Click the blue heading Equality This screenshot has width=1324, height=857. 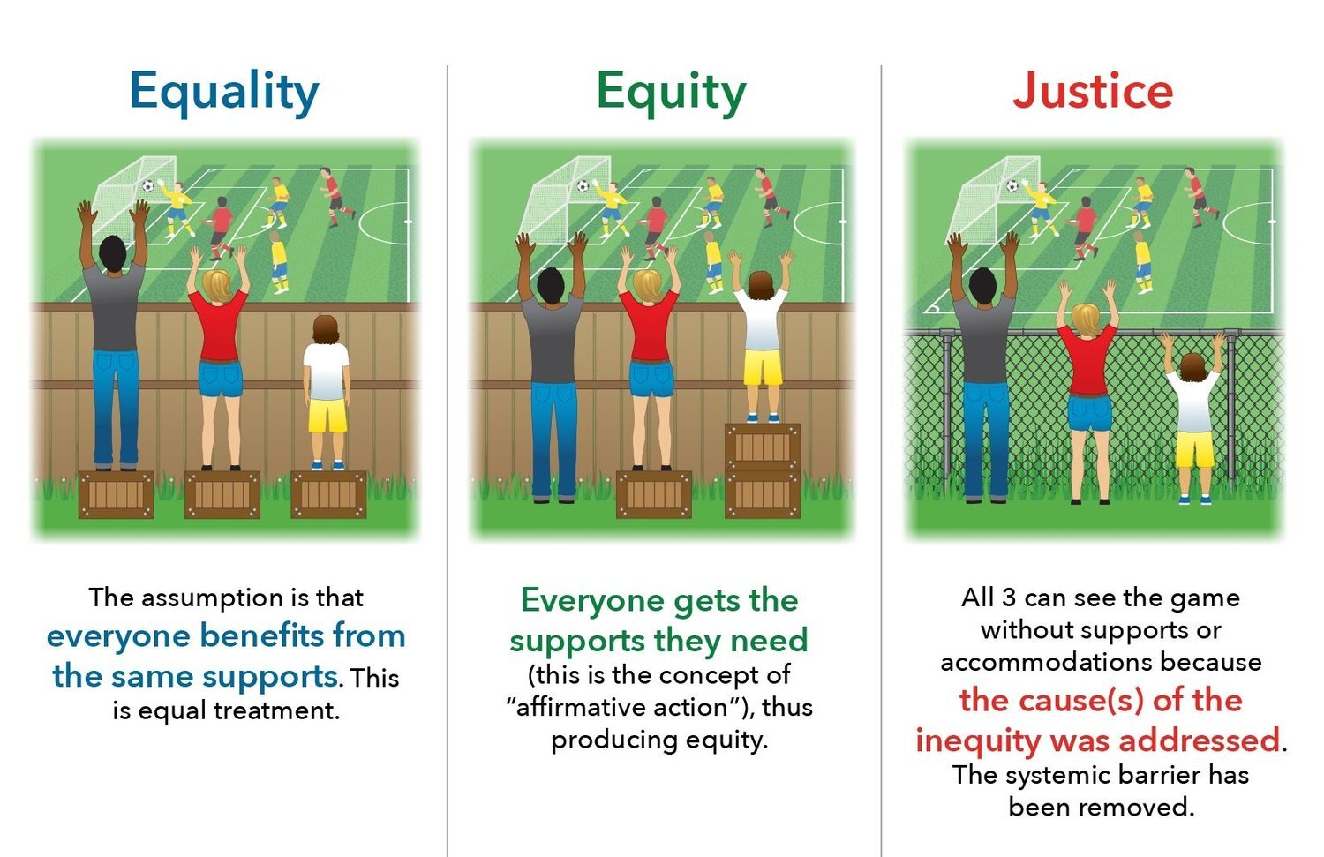224,92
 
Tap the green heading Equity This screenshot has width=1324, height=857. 671,92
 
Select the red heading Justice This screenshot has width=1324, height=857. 1093,91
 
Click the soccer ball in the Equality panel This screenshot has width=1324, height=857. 148,185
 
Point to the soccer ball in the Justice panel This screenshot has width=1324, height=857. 1012,185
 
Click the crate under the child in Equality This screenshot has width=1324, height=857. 328,494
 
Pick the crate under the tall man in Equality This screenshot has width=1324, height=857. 116,494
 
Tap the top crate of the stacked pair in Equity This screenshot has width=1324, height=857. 763,447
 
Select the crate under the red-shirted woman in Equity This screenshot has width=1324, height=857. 653,494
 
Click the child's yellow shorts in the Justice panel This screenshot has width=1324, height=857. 1193,449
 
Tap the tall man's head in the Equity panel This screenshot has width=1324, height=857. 549,284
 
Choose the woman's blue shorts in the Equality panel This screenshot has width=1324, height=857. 221,378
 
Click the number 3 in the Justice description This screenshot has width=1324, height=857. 1009,598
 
